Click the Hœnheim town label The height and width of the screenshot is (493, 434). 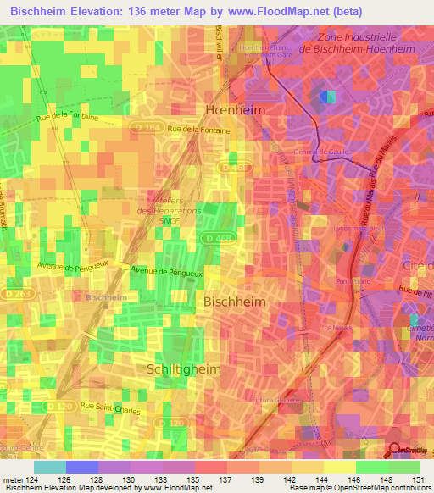[235, 110]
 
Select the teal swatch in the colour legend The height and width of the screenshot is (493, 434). [50, 467]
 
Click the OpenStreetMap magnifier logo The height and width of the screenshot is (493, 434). [396, 450]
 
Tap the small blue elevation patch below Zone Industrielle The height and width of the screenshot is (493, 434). [327, 97]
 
